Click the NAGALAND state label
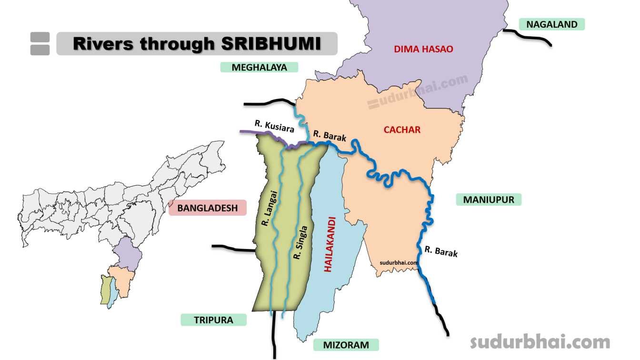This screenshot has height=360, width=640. pos(551,24)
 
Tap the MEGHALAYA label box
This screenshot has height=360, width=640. pos(259,67)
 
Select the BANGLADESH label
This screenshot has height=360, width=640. pos(207,208)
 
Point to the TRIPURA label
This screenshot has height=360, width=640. pos(213,320)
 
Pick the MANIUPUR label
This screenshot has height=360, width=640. pos(489,200)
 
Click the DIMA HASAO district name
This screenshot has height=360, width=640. pos(423,49)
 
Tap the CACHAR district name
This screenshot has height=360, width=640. pos(402,130)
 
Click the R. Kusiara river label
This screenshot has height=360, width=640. pos(274,126)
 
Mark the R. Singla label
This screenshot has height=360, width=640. pos(301,242)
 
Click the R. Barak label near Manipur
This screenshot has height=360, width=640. pos(441,251)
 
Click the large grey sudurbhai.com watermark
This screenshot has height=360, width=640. pos(540,341)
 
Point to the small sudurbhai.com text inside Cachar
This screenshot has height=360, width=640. pos(399,262)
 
